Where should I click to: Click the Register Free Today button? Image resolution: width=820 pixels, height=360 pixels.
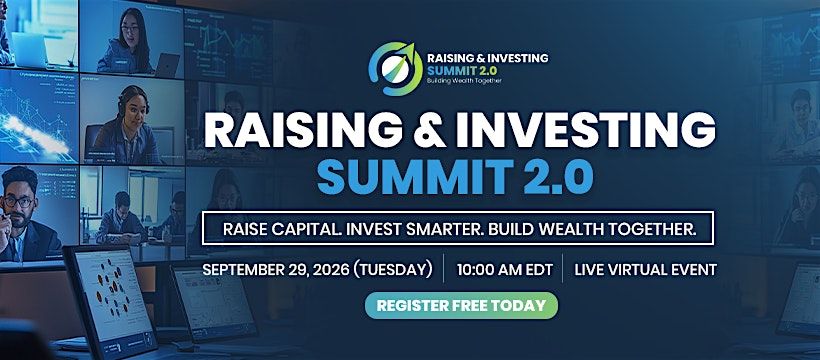(461, 306)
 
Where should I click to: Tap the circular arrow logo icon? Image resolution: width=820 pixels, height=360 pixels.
(395, 69)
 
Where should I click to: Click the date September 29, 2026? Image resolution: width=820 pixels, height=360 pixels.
(276, 270)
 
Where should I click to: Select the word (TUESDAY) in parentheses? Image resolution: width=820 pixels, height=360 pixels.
(393, 270)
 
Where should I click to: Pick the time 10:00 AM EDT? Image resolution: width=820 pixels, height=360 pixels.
(505, 270)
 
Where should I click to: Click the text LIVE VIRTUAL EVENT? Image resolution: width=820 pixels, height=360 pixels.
(646, 270)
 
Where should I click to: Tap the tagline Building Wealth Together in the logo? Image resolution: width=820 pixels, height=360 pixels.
(464, 82)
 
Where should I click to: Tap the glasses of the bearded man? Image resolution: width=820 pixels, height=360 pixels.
(18, 201)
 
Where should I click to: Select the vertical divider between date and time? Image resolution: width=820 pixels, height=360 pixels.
(443, 269)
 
